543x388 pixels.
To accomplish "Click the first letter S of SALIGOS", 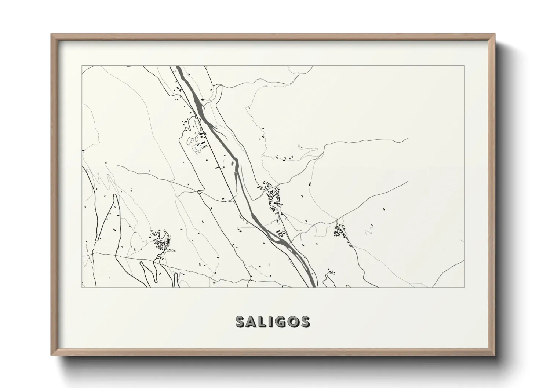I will tap(240, 322).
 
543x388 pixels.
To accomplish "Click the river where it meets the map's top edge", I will tap(179, 66).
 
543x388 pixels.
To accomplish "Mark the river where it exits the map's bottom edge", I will tap(311, 286).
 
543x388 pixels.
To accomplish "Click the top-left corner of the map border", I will tap(82, 66).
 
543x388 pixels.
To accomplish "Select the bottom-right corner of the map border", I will tap(464, 287).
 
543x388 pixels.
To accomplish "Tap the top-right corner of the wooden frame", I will tap(495, 34).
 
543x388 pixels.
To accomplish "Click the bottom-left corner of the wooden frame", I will tap(51, 356).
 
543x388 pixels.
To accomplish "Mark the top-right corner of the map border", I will tap(464, 66).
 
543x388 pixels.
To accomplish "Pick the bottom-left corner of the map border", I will tap(82, 287).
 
